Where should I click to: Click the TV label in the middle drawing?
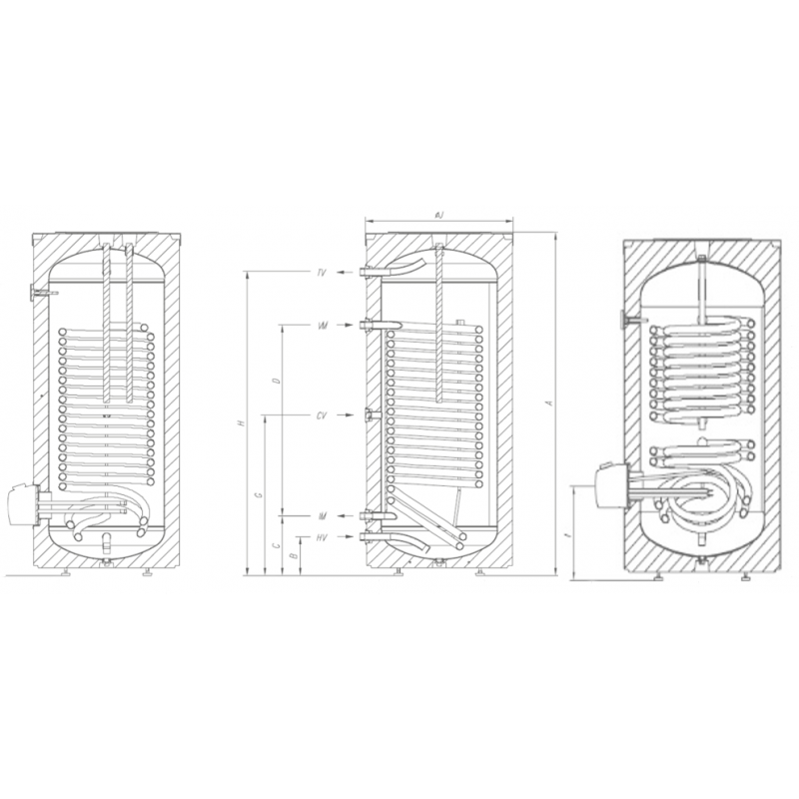(322, 273)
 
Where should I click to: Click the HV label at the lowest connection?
(322, 538)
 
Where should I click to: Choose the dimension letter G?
(261, 495)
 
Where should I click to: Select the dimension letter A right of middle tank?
(546, 403)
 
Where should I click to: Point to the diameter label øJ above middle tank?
(439, 214)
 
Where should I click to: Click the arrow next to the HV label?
(345, 538)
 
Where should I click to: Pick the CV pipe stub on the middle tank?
(373, 414)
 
